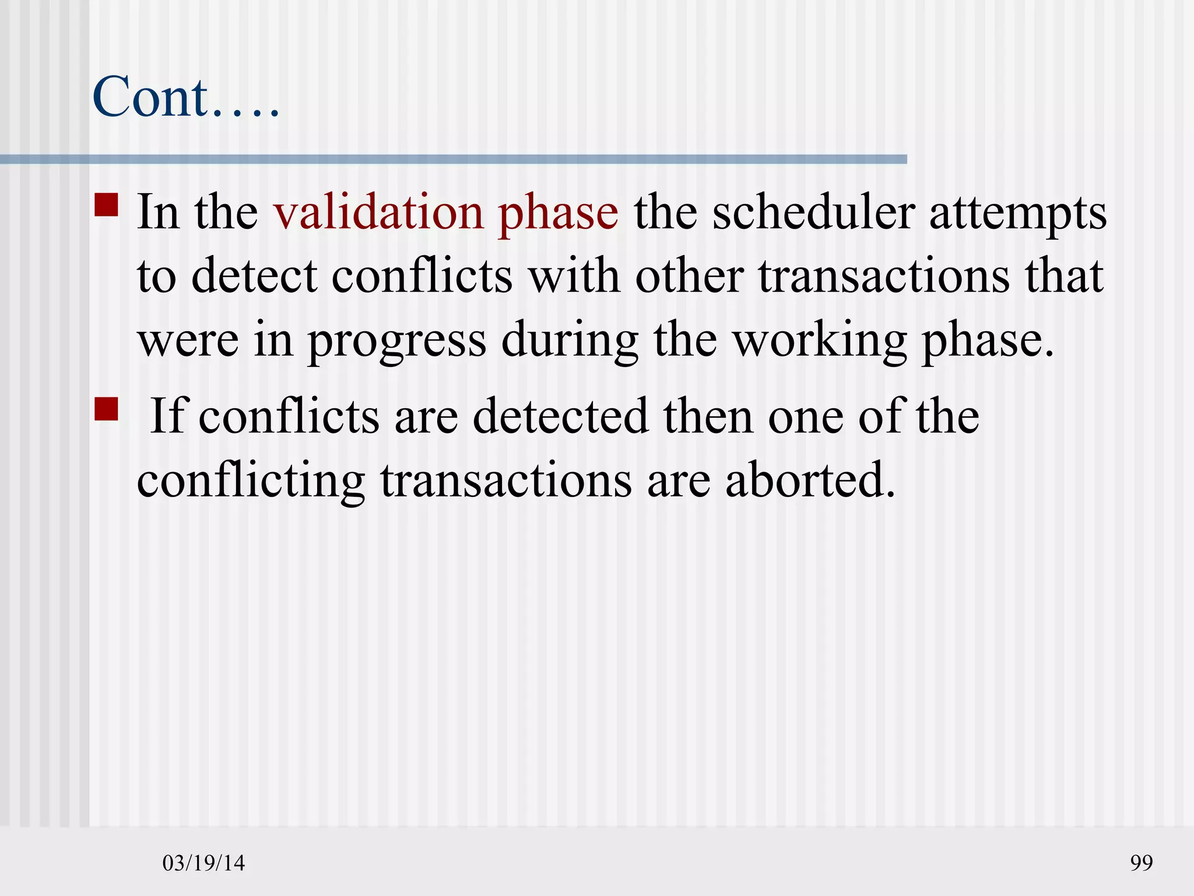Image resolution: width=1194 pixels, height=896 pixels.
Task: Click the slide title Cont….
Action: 185,97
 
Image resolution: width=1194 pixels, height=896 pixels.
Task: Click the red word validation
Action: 378,212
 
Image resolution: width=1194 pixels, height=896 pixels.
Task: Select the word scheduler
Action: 813,212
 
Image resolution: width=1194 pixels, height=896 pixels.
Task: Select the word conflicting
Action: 251,481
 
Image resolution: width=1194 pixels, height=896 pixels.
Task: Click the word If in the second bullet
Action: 167,416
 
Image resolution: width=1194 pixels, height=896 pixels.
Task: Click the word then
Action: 708,416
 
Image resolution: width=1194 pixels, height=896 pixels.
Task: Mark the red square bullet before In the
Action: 106,205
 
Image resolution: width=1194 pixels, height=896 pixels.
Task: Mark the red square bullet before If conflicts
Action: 106,409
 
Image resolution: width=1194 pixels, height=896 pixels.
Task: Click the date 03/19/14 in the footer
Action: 203,863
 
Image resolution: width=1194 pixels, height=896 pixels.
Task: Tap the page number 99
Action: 1141,863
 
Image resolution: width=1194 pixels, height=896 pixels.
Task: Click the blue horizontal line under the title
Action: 453,159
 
